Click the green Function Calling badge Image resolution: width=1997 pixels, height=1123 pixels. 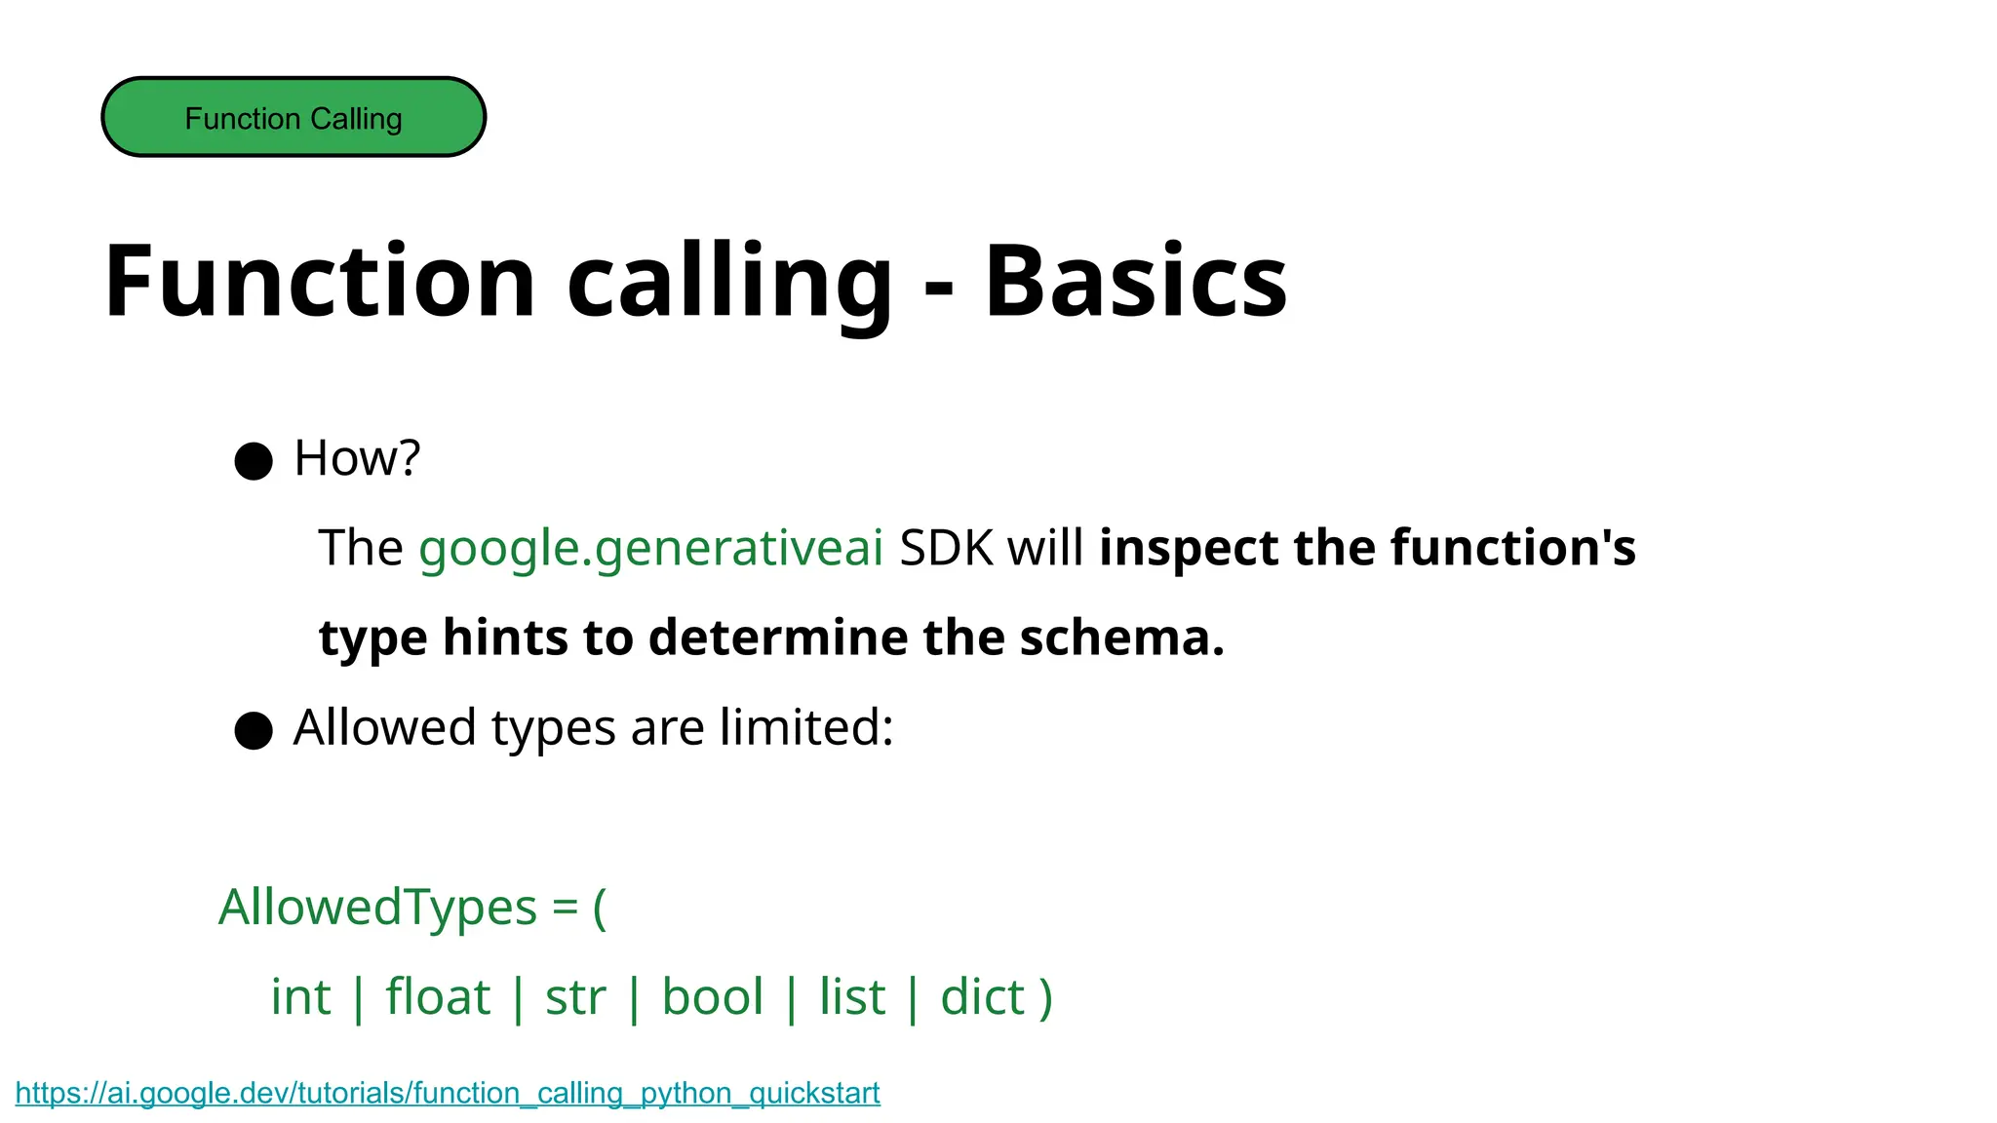[294, 117]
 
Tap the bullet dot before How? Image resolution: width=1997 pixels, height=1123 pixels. [254, 460]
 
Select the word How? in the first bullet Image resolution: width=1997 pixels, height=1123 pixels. [357, 458]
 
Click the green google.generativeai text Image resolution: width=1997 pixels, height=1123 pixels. [650, 548]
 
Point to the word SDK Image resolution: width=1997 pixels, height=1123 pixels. [945, 548]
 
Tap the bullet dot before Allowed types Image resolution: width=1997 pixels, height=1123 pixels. [254, 730]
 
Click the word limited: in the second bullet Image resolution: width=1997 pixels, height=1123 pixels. [806, 727]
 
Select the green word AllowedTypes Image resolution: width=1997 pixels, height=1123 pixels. [377, 908]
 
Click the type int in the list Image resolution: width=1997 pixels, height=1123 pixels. [300, 997]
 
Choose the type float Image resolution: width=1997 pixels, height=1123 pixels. [438, 997]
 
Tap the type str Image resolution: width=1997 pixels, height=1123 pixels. [575, 997]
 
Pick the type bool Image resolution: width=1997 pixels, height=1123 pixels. [712, 997]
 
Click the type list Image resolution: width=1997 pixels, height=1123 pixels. [852, 997]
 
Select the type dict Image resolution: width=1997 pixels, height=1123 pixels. [982, 997]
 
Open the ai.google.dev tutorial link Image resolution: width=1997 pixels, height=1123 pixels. [448, 1093]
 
